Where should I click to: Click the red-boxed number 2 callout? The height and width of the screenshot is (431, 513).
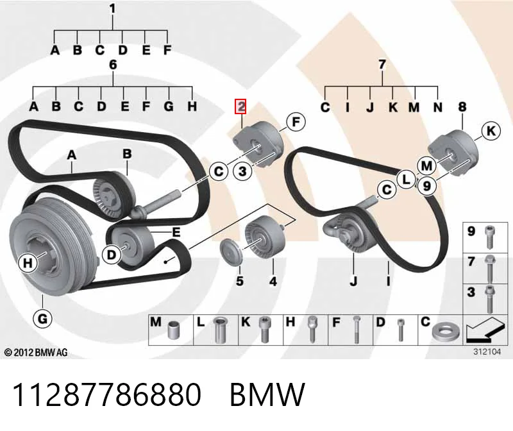coord(240,106)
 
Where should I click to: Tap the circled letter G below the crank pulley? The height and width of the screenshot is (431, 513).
coord(42,318)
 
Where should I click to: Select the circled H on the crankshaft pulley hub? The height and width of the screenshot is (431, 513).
coord(28,263)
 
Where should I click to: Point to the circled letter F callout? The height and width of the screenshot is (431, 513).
coord(296,122)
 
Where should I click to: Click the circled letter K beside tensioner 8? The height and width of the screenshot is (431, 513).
coord(491,131)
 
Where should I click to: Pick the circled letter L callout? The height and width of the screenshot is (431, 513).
coord(406,180)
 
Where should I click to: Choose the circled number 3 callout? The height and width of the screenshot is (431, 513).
coord(242,171)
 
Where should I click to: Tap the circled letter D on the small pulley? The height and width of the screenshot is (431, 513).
coord(112,255)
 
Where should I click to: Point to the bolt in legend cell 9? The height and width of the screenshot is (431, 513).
coord(489,237)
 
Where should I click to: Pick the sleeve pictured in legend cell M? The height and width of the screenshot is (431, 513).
coord(172,330)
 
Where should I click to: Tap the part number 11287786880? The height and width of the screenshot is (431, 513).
coord(106,394)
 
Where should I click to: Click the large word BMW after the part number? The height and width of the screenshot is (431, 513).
coord(267,394)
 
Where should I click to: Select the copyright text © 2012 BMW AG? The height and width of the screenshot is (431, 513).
coord(36,352)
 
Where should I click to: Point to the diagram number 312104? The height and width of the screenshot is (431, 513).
coord(487,352)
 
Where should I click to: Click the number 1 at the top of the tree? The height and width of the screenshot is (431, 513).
coord(113,9)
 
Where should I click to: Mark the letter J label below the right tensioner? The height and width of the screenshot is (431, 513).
coord(353,281)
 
